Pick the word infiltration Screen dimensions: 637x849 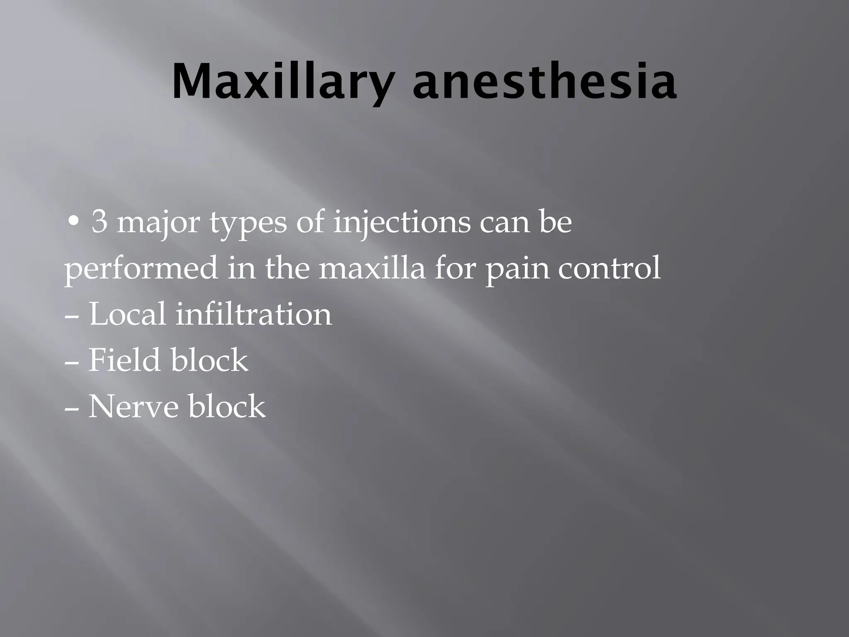pos(254,314)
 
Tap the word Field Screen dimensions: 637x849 pos(124,360)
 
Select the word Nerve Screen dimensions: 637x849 pos(133,406)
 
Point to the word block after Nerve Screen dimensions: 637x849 pos(227,406)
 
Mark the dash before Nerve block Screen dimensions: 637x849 pos(73,408)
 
